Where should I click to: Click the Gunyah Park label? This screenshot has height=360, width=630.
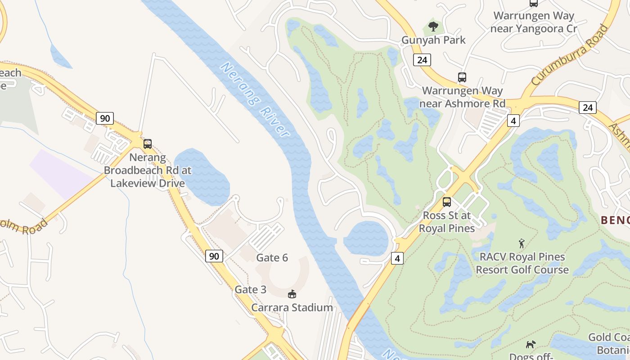(433, 40)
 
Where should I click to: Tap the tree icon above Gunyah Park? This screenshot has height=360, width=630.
(433, 27)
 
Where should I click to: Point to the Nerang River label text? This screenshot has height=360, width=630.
(254, 100)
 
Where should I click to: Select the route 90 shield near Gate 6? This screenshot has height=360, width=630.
(214, 256)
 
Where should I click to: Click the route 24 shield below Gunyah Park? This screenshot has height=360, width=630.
(422, 60)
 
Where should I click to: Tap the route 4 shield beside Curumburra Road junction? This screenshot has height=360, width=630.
(513, 121)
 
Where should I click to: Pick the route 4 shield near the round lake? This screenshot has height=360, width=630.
(397, 258)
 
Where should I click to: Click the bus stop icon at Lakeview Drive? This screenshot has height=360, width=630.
(147, 144)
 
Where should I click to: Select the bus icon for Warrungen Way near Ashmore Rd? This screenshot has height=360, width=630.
(462, 77)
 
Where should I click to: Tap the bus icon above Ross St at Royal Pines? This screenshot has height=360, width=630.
(446, 202)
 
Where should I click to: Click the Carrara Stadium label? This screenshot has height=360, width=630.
(292, 308)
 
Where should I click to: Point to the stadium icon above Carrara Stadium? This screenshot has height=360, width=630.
(292, 294)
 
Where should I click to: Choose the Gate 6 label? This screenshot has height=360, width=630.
(272, 258)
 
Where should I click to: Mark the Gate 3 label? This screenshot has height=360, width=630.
(250, 289)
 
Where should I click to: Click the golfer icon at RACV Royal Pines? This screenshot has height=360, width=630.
(522, 243)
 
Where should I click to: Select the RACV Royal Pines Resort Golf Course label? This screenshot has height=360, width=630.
(522, 263)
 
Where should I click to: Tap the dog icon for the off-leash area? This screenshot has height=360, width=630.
(531, 344)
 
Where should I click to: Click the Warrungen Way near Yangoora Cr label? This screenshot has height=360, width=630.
(534, 22)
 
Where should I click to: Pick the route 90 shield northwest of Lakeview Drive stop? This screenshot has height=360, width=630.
(104, 118)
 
